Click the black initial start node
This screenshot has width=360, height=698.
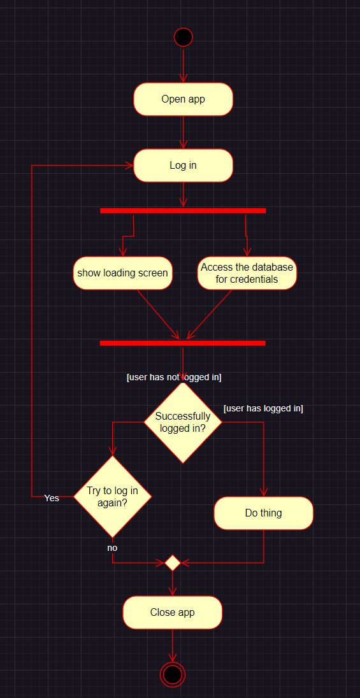point(183,37)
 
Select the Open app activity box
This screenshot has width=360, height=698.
point(183,99)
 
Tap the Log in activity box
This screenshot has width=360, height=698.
point(183,166)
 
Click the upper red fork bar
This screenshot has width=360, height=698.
point(183,211)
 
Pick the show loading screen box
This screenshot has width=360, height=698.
point(122,273)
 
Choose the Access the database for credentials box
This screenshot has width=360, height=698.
point(247,273)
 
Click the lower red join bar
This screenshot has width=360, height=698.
point(182,343)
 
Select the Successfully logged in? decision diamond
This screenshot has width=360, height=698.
point(183,422)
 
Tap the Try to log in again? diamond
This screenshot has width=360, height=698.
point(112,496)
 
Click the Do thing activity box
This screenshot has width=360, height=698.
point(263,513)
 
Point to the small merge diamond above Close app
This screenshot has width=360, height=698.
point(173,563)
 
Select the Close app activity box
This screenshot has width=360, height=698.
point(173,613)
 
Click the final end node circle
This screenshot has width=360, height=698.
point(173,675)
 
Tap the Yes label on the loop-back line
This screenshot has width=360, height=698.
point(52,498)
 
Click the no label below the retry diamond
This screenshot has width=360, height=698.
point(112,548)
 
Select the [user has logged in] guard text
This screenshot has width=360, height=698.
point(263,409)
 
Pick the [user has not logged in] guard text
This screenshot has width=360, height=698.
point(174,378)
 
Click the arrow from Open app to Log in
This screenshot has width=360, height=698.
point(183,132)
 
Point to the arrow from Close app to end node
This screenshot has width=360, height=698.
point(173,646)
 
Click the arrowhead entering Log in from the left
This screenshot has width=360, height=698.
point(129,166)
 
